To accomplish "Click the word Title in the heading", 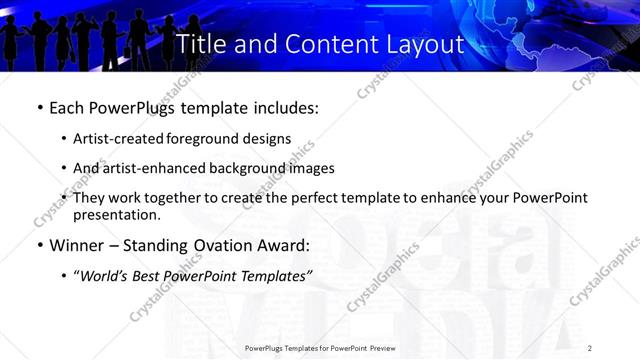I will (x=199, y=45).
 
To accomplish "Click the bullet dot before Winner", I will (x=39, y=245).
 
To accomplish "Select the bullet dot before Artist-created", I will (x=64, y=139).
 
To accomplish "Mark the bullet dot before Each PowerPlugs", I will (x=39, y=105).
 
